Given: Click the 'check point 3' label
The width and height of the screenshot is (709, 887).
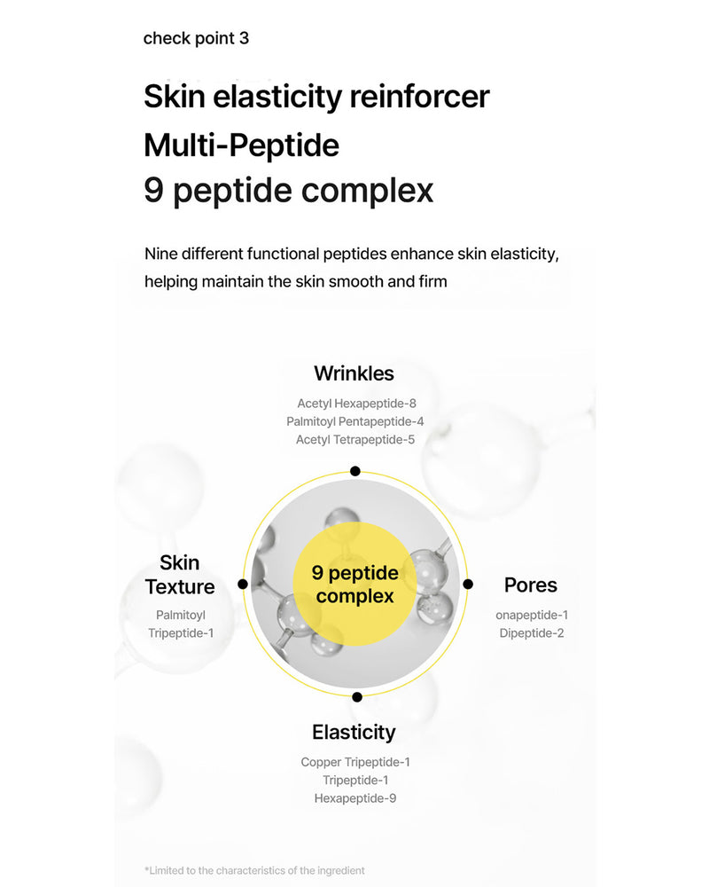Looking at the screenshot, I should [x=196, y=38].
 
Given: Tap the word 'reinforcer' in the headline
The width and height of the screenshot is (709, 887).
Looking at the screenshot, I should [x=419, y=97].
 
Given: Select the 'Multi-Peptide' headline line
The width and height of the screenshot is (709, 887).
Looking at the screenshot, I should [x=241, y=144].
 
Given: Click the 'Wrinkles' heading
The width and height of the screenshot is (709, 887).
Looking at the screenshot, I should [x=354, y=373].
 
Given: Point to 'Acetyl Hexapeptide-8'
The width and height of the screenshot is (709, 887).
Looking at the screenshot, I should [x=356, y=403].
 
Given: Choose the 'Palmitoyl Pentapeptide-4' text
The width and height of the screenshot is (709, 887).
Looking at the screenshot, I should [x=354, y=421].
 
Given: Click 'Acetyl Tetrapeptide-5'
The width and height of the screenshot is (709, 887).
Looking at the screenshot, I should [x=355, y=439].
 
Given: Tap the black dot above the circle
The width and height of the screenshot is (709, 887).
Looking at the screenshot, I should [x=354, y=472].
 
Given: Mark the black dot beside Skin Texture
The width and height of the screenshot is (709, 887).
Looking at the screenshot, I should [x=243, y=585].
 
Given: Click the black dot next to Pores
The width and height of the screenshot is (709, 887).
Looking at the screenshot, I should [x=468, y=585].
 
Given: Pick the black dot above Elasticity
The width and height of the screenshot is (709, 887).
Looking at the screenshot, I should [x=356, y=697].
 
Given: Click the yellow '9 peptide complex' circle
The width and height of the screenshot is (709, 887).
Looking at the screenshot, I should [x=354, y=585].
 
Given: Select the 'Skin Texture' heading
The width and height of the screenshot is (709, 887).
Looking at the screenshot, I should [x=180, y=575].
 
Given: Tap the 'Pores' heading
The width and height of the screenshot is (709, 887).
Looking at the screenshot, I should [x=530, y=585].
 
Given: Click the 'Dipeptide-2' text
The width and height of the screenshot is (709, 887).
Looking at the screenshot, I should [x=531, y=633].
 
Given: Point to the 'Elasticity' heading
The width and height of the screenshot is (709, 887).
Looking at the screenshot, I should [x=354, y=732].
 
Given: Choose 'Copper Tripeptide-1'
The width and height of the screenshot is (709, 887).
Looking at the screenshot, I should [x=355, y=762].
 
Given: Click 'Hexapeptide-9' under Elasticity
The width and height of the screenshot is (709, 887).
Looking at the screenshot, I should [x=354, y=798].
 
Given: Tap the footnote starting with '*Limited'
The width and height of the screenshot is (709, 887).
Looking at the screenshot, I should [x=254, y=870].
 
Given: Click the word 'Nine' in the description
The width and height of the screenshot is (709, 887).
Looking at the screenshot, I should [x=162, y=255].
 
